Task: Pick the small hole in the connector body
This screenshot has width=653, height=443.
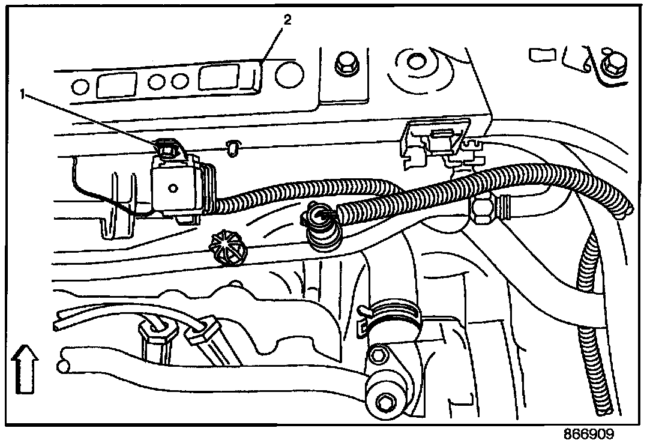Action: click(173, 188)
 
